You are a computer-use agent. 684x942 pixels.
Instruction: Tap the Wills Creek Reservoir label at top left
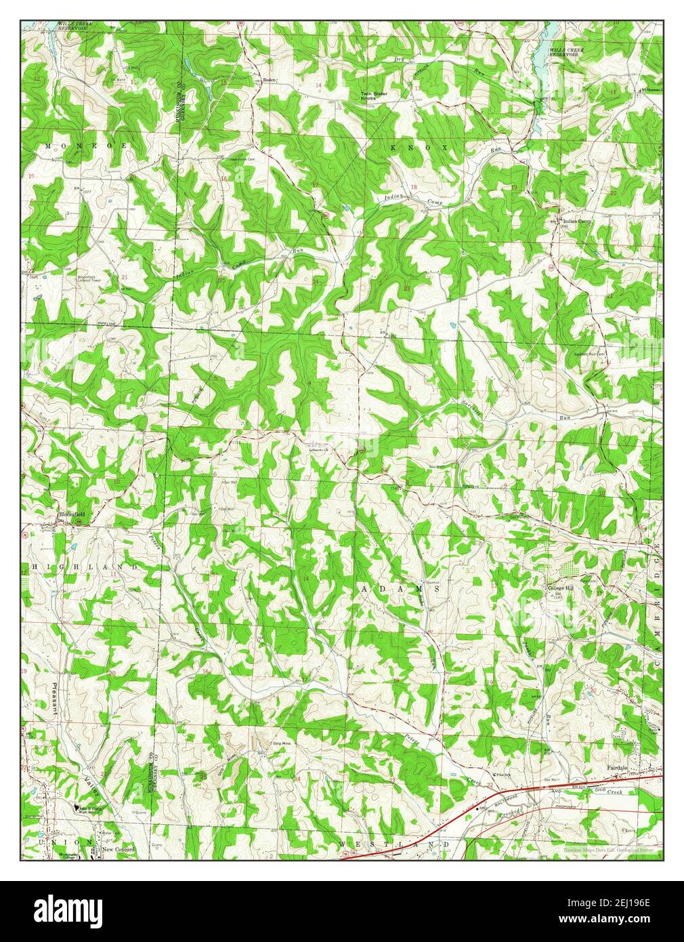pos(74,26)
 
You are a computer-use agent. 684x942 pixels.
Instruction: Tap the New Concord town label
pos(119,849)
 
